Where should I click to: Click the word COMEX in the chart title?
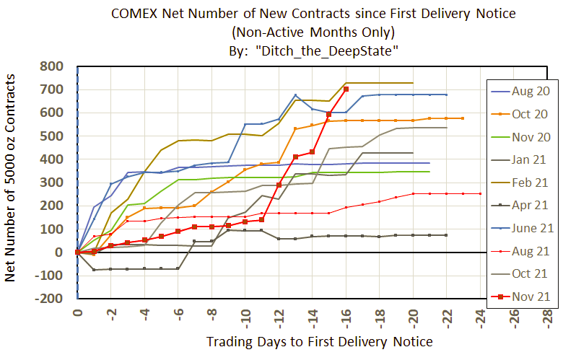136,14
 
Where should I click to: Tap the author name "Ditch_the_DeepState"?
338,49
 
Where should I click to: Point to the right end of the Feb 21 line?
413,83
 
